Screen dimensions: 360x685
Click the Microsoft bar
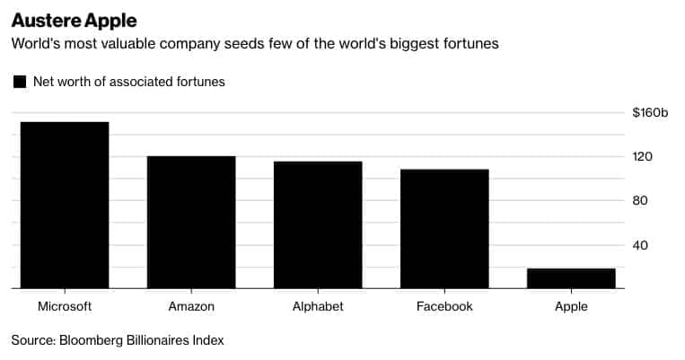coord(65,206)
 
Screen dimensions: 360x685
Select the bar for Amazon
coord(191,223)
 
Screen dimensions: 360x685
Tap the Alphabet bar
coord(318,225)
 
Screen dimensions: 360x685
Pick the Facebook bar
coord(444,229)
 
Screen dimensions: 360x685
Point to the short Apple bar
coord(571,278)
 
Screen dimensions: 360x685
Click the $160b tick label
coord(651,112)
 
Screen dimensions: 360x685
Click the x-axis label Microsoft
coord(65,306)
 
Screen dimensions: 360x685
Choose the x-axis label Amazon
coord(191,306)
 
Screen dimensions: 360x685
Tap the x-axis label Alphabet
coord(318,306)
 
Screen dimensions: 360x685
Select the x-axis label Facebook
coord(444,306)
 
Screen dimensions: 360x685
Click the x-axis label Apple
coord(571,306)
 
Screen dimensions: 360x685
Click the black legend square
coord(19,82)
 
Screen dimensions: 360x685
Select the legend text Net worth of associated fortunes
coord(128,82)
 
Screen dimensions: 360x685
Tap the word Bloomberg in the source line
coord(94,340)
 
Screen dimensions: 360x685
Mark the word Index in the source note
coord(207,340)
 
